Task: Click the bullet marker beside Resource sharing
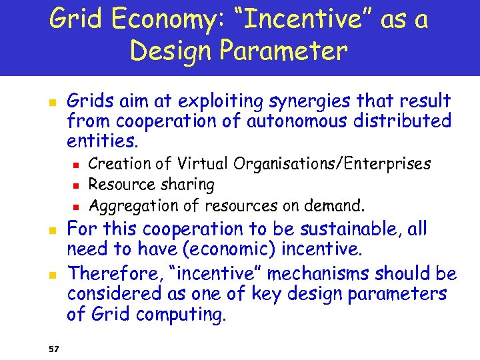[77, 185]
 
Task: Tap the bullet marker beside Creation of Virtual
[77, 164]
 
